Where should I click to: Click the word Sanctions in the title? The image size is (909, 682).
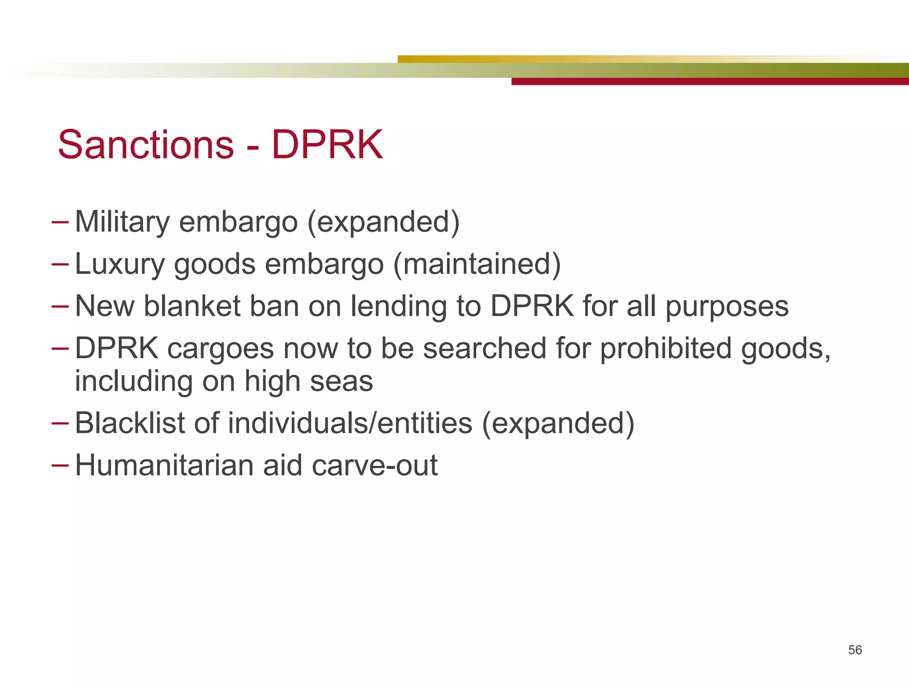[146, 145]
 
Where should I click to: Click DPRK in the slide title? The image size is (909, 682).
[327, 145]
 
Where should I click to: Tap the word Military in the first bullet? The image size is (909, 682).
[122, 222]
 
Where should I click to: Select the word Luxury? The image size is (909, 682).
[119, 265]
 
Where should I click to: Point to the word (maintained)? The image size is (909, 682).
[477, 264]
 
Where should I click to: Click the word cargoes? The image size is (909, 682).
[221, 349]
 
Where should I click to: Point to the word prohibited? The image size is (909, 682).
[666, 348]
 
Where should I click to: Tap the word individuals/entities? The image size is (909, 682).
[350, 423]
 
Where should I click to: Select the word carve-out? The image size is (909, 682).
[375, 465]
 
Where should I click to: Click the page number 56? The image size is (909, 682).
[855, 650]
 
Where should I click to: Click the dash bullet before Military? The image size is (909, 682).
[60, 221]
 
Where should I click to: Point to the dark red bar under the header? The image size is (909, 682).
[710, 82]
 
